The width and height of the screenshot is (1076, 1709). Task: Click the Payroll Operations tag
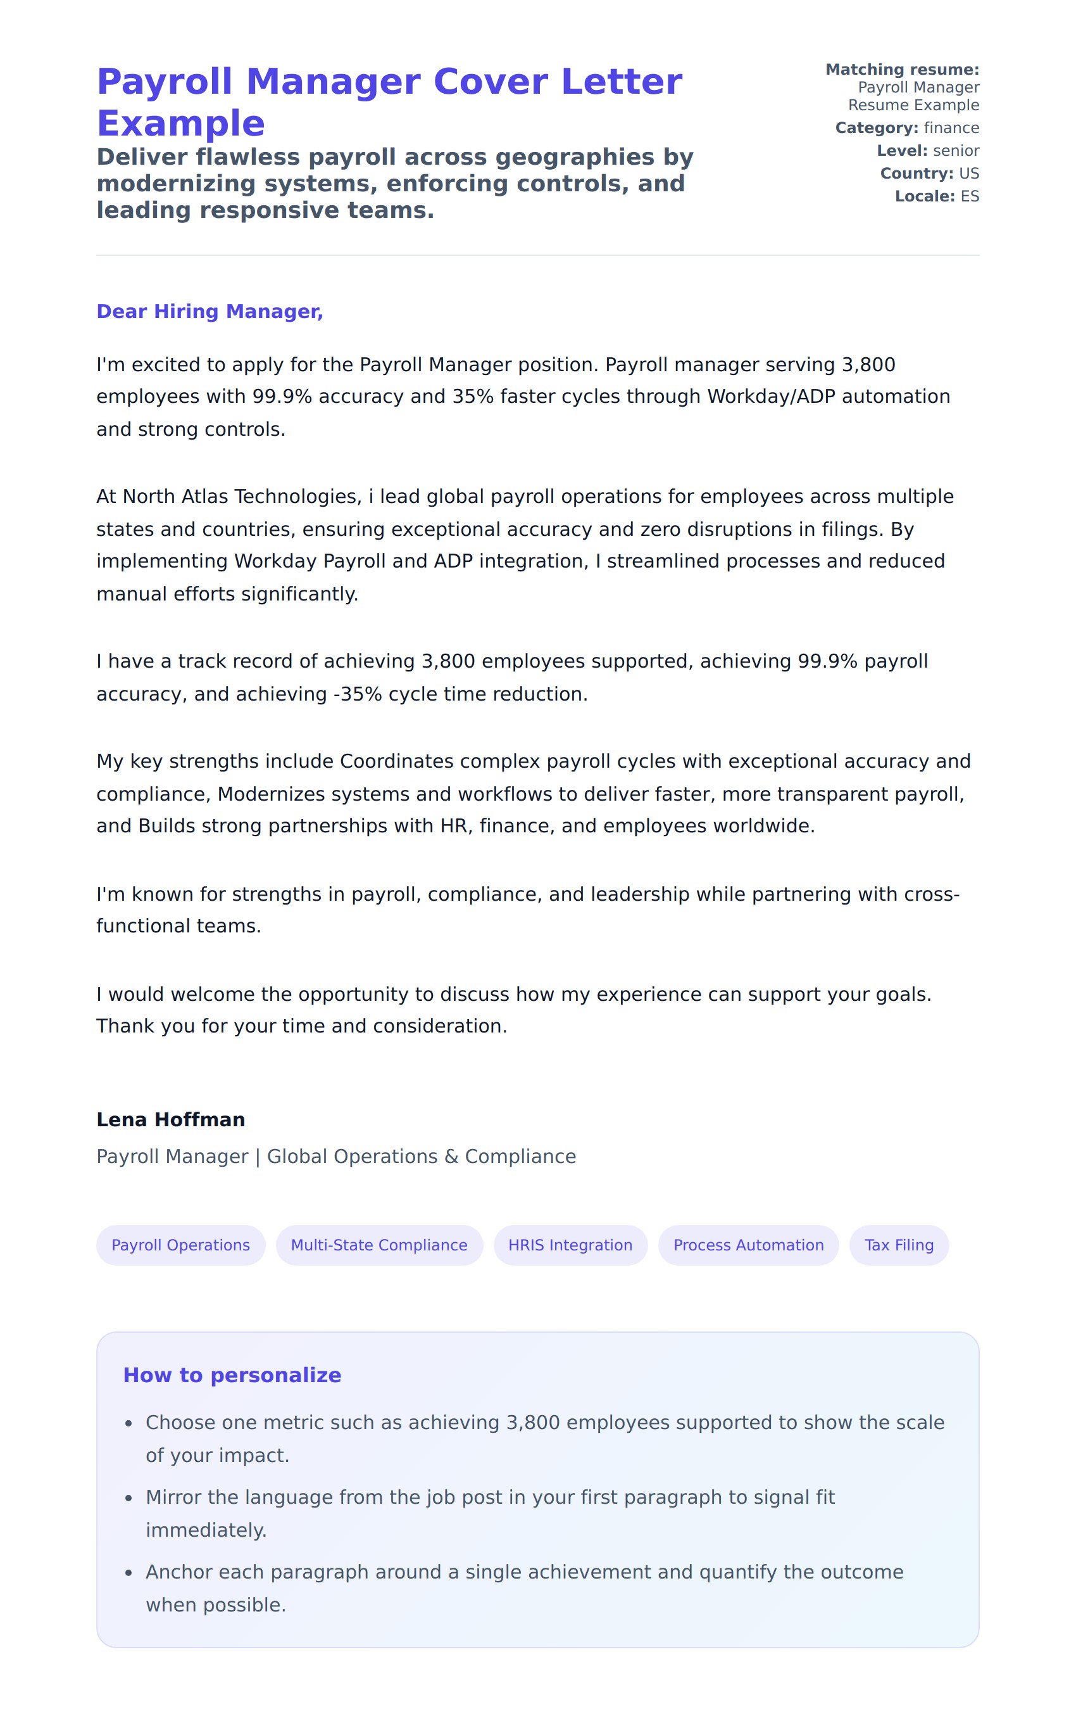coord(180,1245)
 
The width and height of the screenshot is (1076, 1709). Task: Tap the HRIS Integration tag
coord(570,1245)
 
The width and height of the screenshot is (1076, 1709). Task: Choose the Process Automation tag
coord(748,1245)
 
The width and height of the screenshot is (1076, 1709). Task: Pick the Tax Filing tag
coord(898,1245)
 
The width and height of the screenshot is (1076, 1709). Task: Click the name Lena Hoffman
coord(170,1119)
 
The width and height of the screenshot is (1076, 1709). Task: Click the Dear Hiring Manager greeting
coord(210,312)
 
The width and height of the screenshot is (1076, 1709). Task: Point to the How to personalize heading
coord(232,1375)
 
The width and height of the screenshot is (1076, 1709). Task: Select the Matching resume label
coord(901,70)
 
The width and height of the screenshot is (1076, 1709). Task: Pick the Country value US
coord(968,173)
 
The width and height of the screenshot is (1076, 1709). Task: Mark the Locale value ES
coord(969,196)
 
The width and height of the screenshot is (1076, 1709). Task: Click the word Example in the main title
coord(181,124)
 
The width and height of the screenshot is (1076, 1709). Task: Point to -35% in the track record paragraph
coord(358,694)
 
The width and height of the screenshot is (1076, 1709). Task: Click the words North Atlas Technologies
coord(242,496)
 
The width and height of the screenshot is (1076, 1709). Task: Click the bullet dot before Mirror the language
coord(128,1498)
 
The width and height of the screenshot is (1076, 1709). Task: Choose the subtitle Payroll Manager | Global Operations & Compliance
coord(335,1156)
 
